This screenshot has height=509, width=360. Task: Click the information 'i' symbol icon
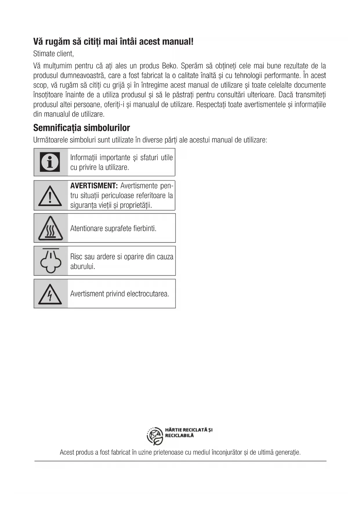pyautogui.click(x=50, y=162)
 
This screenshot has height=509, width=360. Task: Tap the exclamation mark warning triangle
pyautogui.click(x=50, y=195)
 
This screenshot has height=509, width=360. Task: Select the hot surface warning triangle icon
pyautogui.click(x=50, y=228)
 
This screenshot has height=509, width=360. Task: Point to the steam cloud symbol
pyautogui.click(x=50, y=261)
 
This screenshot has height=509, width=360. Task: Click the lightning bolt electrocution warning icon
pyautogui.click(x=50, y=294)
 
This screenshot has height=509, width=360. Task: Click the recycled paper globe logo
pyautogui.click(x=155, y=436)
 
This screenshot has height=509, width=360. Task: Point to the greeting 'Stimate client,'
pyautogui.click(x=53, y=54)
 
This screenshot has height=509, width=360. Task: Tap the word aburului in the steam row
pyautogui.click(x=83, y=266)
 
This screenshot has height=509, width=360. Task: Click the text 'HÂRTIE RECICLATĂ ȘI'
pyautogui.click(x=189, y=430)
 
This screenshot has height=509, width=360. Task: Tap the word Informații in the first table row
pyautogui.click(x=84, y=158)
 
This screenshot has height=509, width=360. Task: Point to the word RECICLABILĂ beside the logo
pyautogui.click(x=179, y=435)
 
